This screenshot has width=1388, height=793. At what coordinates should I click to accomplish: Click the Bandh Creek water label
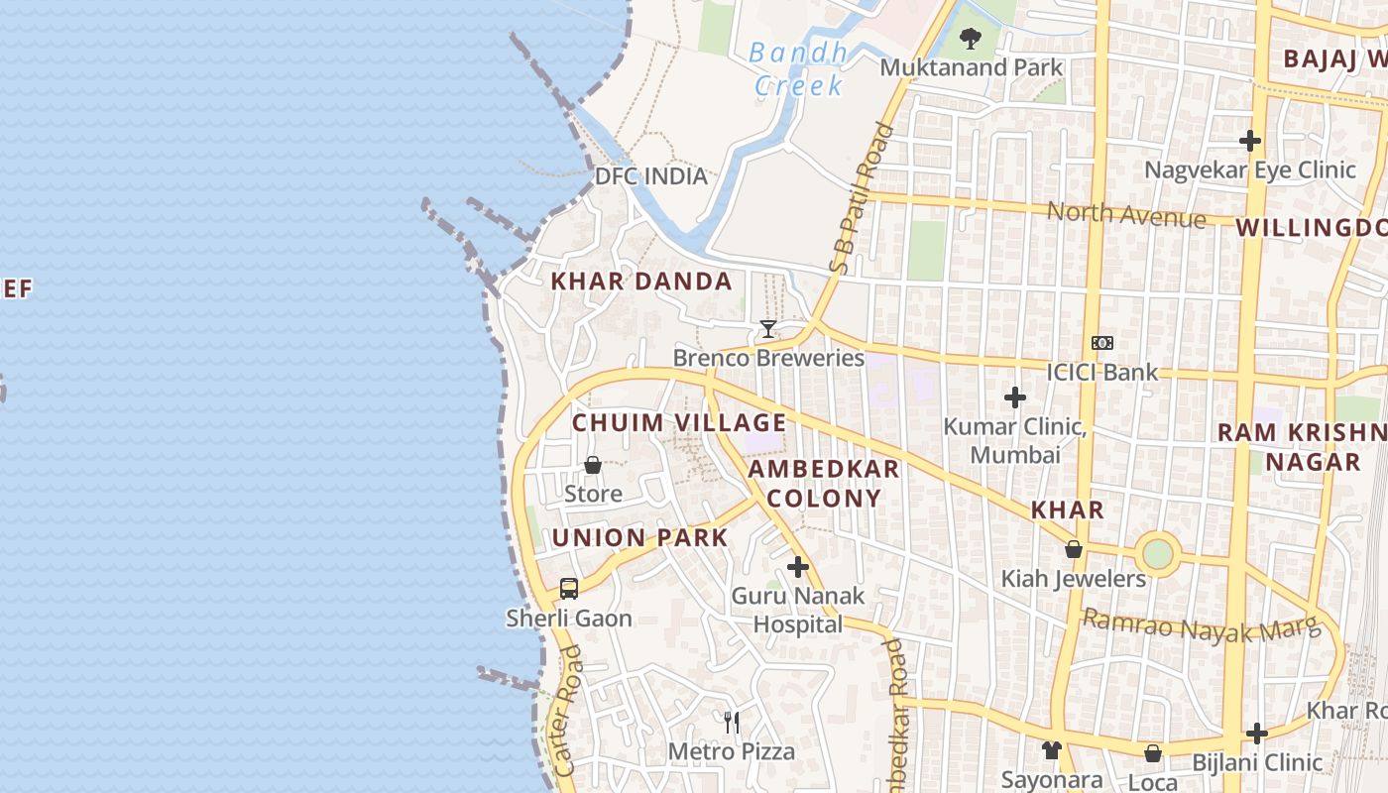point(797,68)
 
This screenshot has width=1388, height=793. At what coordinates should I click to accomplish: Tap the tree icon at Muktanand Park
point(970,39)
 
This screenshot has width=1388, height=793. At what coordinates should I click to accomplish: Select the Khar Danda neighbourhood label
point(641,282)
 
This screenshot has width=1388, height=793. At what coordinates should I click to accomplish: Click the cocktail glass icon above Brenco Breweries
point(767,329)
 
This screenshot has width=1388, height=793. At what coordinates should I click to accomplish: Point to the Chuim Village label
point(679,423)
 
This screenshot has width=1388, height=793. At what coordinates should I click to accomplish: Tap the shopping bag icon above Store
point(593,464)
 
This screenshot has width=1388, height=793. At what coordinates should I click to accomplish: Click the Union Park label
point(639,538)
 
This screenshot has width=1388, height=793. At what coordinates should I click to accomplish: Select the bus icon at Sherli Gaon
point(569,588)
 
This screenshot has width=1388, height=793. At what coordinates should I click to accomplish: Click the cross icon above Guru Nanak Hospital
point(798,567)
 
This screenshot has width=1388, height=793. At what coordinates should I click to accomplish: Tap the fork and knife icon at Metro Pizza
point(732,722)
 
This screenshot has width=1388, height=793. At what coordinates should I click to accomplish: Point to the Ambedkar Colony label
point(824,483)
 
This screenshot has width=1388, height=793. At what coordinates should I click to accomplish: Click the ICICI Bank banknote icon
point(1102,343)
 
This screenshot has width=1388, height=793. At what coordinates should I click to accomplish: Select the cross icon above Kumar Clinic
point(1014,397)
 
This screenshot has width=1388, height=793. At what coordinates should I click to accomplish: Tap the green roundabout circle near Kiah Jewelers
point(1157,553)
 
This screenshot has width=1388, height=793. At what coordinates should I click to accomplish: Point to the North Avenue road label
point(1126,213)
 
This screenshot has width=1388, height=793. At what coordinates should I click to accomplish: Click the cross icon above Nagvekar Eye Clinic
point(1250,140)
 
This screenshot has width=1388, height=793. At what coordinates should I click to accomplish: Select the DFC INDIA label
point(650,176)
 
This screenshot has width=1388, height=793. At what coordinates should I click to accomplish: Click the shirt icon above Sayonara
point(1051,750)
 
